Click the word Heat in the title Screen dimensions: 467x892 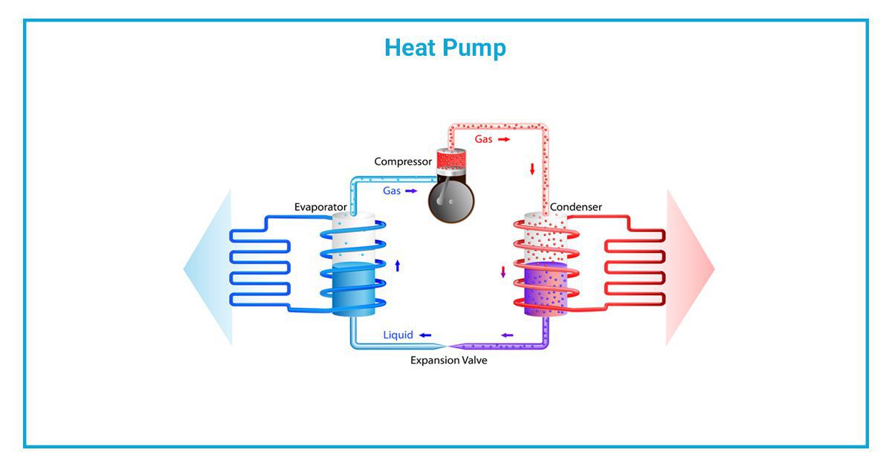[x=410, y=48]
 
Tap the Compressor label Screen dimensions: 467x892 [x=402, y=161]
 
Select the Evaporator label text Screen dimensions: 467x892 [x=320, y=207]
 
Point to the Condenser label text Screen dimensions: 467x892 [x=576, y=207]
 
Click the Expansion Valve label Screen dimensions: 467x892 [x=449, y=361]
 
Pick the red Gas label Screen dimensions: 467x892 [x=485, y=139]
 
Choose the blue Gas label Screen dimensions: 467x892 [x=392, y=191]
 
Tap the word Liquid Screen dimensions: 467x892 [x=398, y=335]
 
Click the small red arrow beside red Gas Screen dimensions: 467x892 [x=504, y=139]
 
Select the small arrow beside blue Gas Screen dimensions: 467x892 [x=411, y=191]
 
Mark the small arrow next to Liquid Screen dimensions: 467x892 [x=425, y=335]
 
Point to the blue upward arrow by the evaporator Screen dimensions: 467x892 [x=398, y=265]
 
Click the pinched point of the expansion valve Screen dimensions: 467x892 [x=447, y=346]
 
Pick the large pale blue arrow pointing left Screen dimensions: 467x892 [x=208, y=268]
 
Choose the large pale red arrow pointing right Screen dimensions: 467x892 [x=690, y=268]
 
